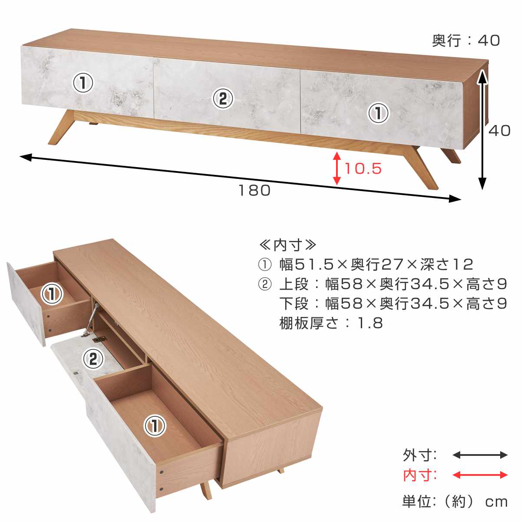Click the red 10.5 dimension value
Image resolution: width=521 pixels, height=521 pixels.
click(x=363, y=168)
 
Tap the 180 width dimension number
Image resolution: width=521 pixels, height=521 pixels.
click(x=254, y=190)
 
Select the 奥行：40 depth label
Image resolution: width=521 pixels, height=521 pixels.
click(x=466, y=40)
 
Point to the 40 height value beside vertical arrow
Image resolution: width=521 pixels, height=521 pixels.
click(x=499, y=130)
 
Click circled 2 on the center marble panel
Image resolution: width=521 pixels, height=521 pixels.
click(x=223, y=99)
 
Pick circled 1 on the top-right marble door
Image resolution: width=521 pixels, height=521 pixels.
click(x=378, y=113)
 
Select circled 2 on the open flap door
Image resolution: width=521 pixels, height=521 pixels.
click(x=93, y=359)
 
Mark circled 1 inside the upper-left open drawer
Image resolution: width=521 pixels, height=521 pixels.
click(x=52, y=294)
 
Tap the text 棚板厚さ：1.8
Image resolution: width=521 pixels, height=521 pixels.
click(x=331, y=323)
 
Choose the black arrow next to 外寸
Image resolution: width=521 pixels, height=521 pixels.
click(x=480, y=455)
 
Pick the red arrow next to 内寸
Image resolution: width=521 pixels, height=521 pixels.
click(x=480, y=475)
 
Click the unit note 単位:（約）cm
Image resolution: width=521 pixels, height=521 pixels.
click(x=455, y=502)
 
